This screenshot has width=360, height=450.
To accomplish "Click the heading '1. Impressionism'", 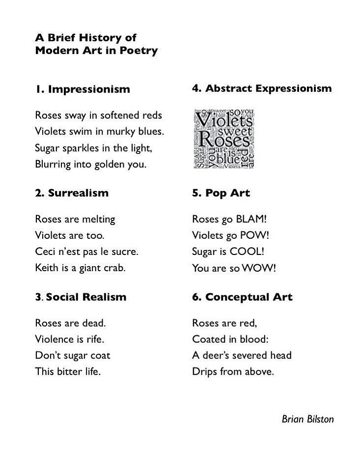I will [83, 89].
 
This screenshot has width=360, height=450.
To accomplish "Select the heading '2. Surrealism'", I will [72, 193].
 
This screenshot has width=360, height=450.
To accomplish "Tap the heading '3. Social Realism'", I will [81, 297].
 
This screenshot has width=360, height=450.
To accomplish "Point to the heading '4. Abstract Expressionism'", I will [262, 88].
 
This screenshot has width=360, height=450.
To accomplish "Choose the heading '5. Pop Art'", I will [221, 193].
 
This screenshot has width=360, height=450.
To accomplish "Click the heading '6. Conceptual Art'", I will [242, 297].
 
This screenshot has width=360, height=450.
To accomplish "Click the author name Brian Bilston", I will [307, 419].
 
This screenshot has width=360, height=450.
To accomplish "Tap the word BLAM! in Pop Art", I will [251, 219].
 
